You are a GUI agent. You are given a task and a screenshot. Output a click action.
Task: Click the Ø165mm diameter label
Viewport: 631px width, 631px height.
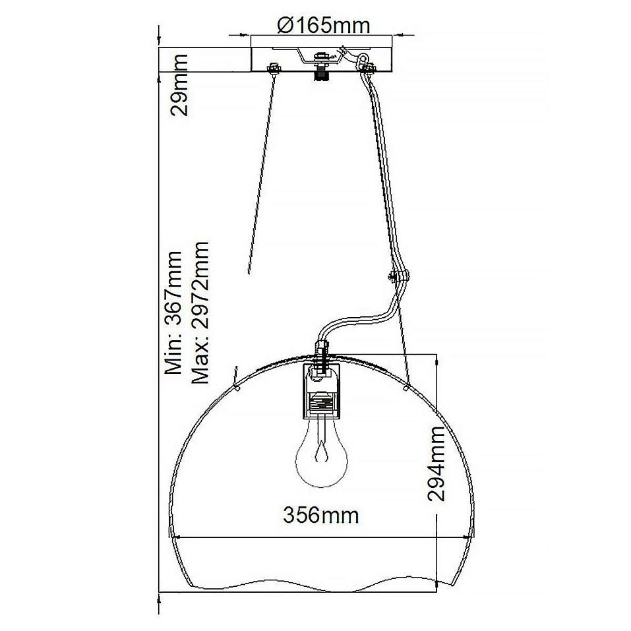(324, 25)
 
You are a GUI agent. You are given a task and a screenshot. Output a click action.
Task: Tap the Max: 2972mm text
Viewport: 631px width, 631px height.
(200, 313)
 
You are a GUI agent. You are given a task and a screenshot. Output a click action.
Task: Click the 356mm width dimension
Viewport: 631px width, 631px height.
(320, 515)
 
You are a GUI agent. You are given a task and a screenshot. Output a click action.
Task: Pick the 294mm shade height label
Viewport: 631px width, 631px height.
(436, 464)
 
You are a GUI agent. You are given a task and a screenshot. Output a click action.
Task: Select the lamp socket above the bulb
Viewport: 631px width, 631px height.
(322, 392)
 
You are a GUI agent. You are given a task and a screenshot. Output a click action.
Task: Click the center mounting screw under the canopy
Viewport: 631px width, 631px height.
(321, 68)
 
